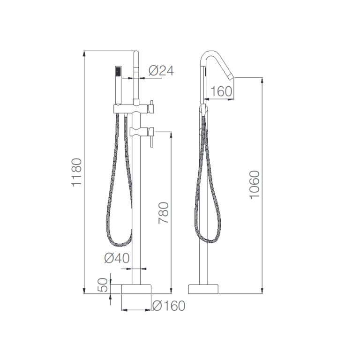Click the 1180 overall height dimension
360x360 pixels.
click(77, 172)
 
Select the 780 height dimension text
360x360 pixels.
click(164, 213)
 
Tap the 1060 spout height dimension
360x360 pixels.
click(255, 185)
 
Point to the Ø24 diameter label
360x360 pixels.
click(161, 70)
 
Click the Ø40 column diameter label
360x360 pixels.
click(117, 258)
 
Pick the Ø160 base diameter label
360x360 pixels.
click(169, 306)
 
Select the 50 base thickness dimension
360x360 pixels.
click(103, 285)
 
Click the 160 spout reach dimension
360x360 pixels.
click(221, 91)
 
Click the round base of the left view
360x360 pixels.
click(136, 289)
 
